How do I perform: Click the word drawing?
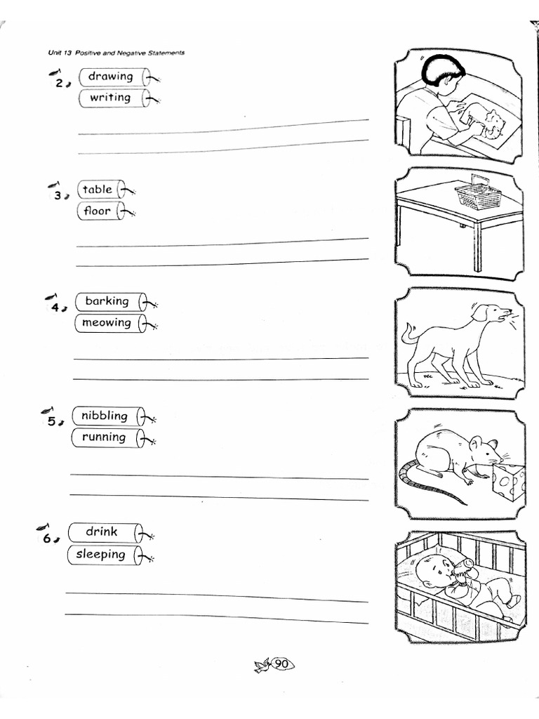click(110, 76)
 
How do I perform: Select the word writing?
click(109, 98)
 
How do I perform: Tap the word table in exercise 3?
click(97, 189)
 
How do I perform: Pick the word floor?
click(97, 211)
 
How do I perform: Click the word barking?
click(107, 301)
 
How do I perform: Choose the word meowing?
click(106, 323)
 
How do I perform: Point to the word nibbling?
click(104, 416)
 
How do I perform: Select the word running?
click(104, 437)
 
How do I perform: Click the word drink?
click(102, 532)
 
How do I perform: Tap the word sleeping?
click(100, 554)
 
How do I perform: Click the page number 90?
click(281, 664)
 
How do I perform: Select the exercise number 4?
click(55, 308)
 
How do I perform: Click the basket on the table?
click(478, 196)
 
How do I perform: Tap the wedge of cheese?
click(509, 481)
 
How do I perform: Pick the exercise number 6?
click(46, 539)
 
